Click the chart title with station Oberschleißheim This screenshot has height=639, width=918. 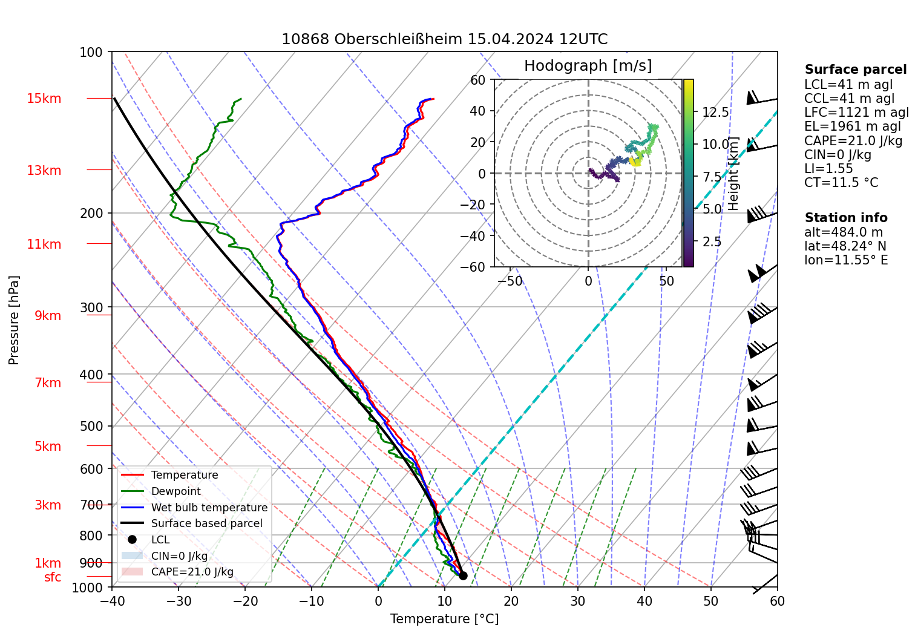click(x=444, y=39)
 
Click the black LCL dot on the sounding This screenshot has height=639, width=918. click(x=463, y=575)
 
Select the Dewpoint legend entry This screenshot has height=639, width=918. click(x=175, y=491)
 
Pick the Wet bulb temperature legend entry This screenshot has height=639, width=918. click(x=209, y=508)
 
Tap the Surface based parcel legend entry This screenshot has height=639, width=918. click(x=206, y=523)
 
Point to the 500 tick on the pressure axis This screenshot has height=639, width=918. click(x=91, y=426)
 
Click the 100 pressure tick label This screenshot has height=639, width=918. click(x=91, y=53)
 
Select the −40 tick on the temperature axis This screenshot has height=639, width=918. click(x=112, y=601)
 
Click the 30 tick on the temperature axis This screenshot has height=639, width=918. click(x=578, y=601)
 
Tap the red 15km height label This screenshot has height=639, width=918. click(x=44, y=99)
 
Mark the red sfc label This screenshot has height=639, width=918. click(x=53, y=577)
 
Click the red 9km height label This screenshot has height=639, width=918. click(x=48, y=316)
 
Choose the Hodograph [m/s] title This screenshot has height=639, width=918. click(x=588, y=66)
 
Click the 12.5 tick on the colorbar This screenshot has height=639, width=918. click(x=715, y=112)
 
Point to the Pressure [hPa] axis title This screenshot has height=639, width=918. click(x=14, y=320)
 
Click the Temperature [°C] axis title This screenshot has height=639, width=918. click(x=444, y=618)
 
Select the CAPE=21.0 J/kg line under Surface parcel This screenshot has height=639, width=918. click(x=853, y=141)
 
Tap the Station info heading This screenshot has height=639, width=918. click(x=846, y=218)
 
